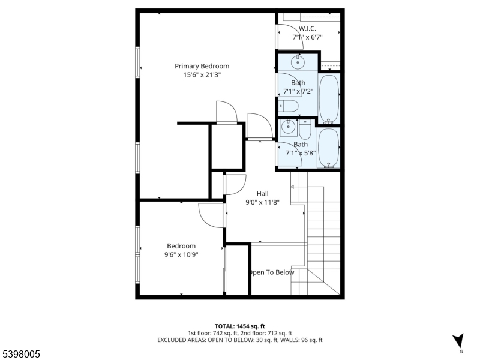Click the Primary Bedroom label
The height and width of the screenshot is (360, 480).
pyautogui.click(x=202, y=66)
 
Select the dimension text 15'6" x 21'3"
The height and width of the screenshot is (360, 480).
pyautogui.click(x=202, y=75)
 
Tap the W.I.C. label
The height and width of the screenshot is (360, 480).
pyautogui.click(x=307, y=28)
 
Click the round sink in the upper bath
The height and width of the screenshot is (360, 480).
pyautogui.click(x=298, y=61)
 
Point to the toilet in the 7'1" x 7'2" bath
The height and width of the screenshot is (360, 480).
pyautogui.click(x=290, y=107)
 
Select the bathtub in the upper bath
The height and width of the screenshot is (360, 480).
pyautogui.click(x=329, y=98)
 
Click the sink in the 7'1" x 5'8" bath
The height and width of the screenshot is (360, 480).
pyautogui.click(x=289, y=127)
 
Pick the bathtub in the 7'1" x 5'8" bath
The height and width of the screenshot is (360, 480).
pyautogui.click(x=328, y=148)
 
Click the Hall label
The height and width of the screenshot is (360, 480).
pyautogui.click(x=263, y=193)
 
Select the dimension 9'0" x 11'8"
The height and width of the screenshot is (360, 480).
pyautogui.click(x=263, y=202)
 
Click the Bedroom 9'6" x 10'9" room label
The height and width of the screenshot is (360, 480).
pyautogui.click(x=181, y=246)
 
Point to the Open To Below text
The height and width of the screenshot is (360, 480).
pyautogui.click(x=271, y=272)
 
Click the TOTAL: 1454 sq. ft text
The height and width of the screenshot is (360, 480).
pyautogui.click(x=240, y=326)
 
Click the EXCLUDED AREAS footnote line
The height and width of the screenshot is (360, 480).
pyautogui.click(x=240, y=340)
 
